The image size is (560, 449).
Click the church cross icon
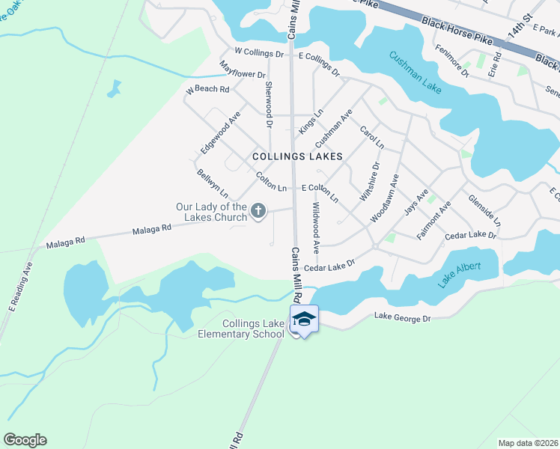[x=258, y=211]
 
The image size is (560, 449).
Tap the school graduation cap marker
[x=304, y=320]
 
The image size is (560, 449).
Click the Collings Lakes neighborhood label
[x=297, y=156]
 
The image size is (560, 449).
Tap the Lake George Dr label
[x=403, y=319]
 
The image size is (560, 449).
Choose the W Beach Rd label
[x=207, y=90]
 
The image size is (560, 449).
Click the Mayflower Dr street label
[x=243, y=70]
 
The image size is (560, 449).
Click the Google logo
[x=25, y=440]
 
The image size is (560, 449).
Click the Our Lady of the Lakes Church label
[x=211, y=212]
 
